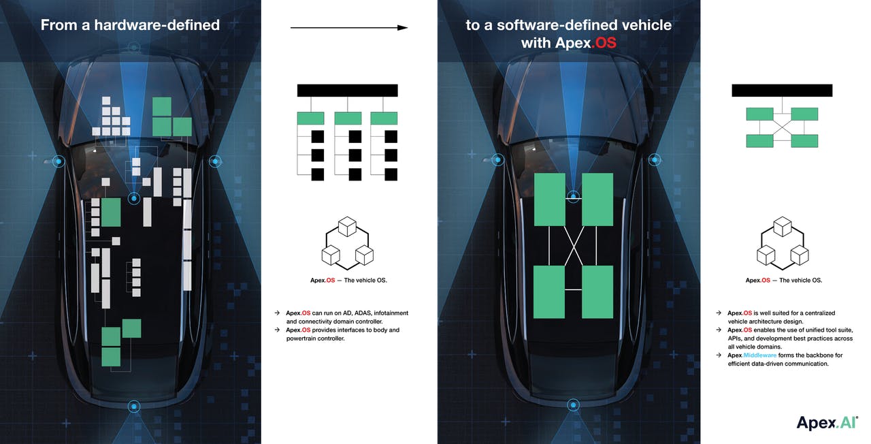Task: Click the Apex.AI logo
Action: (x=827, y=423)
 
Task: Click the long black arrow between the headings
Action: (x=349, y=28)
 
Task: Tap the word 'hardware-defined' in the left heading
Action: (x=157, y=25)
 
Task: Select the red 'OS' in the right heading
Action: (x=606, y=43)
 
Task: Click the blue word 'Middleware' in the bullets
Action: (x=760, y=355)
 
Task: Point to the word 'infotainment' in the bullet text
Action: (x=391, y=313)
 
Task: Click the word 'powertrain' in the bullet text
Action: (x=301, y=338)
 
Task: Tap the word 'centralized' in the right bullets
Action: (x=820, y=313)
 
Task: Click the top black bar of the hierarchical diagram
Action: (x=347, y=91)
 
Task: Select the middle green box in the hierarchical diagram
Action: (x=348, y=118)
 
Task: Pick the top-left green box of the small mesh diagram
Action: (x=759, y=114)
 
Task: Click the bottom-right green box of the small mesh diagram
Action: (x=804, y=141)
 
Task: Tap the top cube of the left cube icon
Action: (x=347, y=227)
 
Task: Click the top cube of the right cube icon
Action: (x=783, y=227)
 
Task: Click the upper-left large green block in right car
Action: (x=549, y=200)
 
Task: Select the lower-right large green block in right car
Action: (x=597, y=292)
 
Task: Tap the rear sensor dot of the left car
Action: (x=134, y=407)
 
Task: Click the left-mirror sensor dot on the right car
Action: (x=497, y=159)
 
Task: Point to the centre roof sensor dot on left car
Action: (x=134, y=198)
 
